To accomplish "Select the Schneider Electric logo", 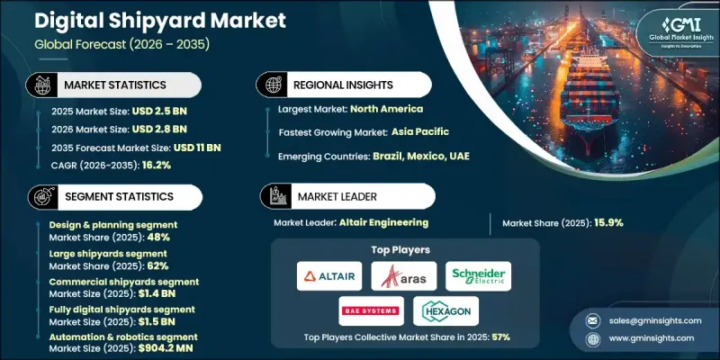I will [x=478, y=276].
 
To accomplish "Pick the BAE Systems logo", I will [x=371, y=311].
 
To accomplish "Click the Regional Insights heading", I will [x=346, y=85].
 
